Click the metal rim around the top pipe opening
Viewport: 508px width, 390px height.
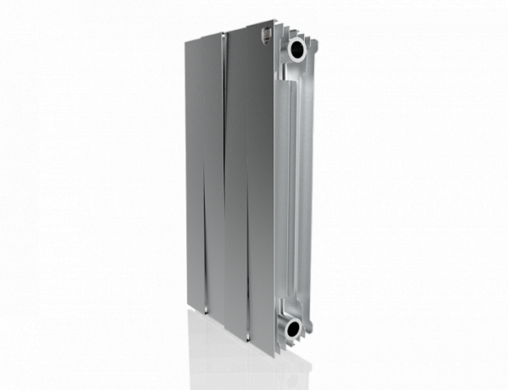(306, 44)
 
